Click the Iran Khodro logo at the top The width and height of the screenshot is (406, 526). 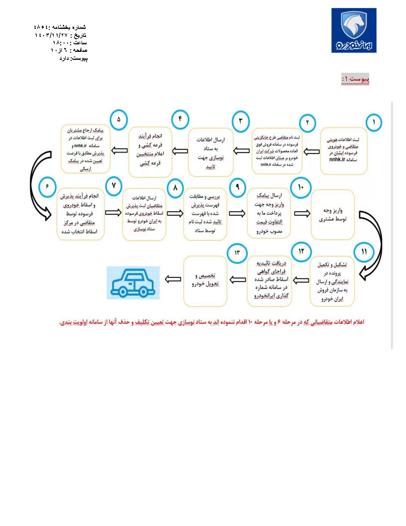[x=354, y=30]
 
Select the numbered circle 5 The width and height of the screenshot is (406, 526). [x=119, y=120]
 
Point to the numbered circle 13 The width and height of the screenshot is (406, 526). [x=237, y=252]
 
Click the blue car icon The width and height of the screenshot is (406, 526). [x=133, y=282]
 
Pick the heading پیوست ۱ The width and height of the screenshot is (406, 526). [x=355, y=79]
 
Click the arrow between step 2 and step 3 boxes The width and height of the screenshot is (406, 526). [x=242, y=149]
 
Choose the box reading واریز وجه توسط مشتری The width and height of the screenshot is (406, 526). [x=333, y=215]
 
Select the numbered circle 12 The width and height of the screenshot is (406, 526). [x=301, y=252]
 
